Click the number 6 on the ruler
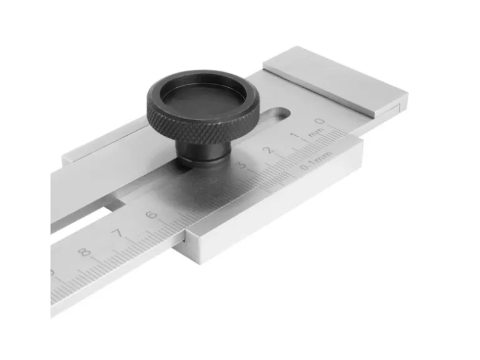coord(150,216)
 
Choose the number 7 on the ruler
coord(117,234)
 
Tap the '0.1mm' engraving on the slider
coord(312,164)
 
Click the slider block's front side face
coord(274,206)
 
